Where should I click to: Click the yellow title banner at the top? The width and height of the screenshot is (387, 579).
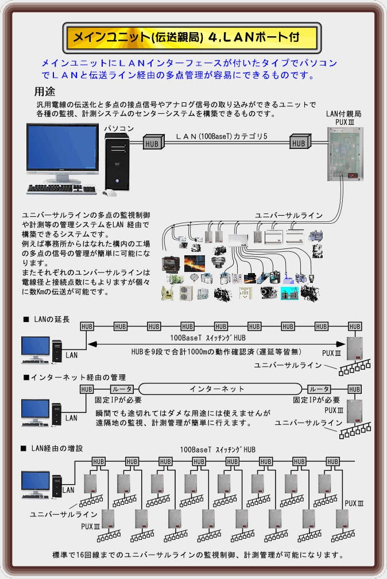coord(192,37)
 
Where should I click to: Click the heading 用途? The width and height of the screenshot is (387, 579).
coord(45,91)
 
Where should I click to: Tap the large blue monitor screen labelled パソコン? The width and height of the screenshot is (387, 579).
coord(63,147)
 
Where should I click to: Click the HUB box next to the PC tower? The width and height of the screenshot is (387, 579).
coord(153,142)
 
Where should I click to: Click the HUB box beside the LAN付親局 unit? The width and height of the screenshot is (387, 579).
coord(300,141)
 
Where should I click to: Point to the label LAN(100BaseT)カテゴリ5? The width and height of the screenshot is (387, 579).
coord(222,136)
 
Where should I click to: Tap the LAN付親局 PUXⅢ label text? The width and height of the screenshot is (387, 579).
coord(343,117)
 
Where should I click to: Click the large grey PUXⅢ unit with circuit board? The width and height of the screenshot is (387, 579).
coord(345,154)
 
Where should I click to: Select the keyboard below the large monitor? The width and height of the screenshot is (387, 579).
coord(61,189)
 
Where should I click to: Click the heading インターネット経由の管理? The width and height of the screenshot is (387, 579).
coord(75,377)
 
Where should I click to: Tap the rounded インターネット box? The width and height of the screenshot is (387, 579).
coord(220,389)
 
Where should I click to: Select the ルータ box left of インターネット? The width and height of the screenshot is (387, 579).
coord(122,389)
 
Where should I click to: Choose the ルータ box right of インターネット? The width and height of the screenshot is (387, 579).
coord(319,389)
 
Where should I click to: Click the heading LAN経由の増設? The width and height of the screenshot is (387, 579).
coord(52,448)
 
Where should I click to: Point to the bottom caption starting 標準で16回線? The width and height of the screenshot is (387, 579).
coord(198,555)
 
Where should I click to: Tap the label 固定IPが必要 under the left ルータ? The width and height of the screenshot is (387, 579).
coord(118,400)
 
